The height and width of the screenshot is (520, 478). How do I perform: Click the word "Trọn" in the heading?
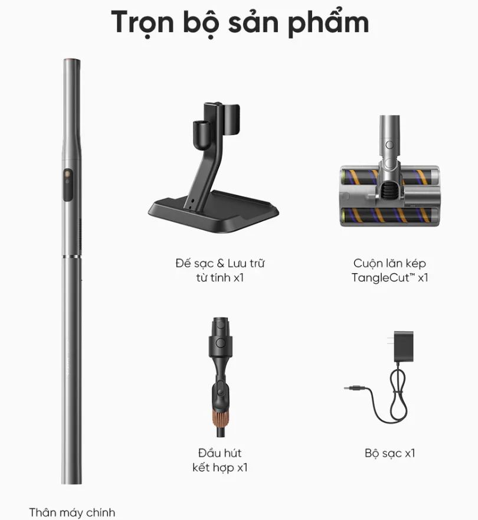(x=142, y=22)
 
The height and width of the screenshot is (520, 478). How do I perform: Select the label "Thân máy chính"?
(x=72, y=512)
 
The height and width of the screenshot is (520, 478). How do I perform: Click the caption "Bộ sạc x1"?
(x=389, y=453)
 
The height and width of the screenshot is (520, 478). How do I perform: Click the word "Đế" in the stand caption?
(x=183, y=263)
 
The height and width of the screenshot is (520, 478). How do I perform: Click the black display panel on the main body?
(x=68, y=184)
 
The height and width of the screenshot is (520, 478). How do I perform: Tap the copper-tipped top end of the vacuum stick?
(x=72, y=61)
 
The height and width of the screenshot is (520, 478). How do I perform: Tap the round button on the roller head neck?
(x=389, y=145)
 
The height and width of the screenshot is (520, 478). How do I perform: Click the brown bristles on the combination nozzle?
(x=221, y=418)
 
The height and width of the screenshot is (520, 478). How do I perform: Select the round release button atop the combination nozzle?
(x=220, y=342)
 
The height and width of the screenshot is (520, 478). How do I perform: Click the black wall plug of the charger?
(x=404, y=346)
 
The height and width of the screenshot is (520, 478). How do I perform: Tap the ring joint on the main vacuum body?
(x=72, y=256)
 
